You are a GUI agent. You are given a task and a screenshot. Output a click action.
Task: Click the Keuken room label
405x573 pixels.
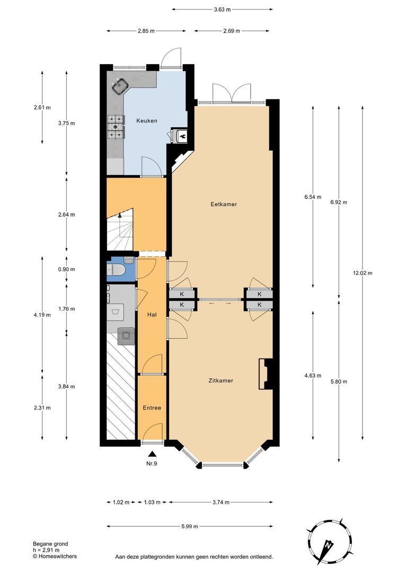pyautogui.click(x=146, y=120)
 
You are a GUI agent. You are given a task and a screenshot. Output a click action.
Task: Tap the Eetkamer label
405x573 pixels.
pyautogui.click(x=223, y=204)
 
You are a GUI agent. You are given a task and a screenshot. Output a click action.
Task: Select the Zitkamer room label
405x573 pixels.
pyautogui.click(x=221, y=380)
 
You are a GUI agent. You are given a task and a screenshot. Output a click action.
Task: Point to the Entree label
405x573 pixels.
pyautogui.click(x=152, y=407)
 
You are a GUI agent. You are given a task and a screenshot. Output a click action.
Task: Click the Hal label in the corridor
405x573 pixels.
pyautogui.click(x=152, y=315)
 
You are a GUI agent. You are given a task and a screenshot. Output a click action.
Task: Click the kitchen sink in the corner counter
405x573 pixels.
pyautogui.click(x=120, y=85)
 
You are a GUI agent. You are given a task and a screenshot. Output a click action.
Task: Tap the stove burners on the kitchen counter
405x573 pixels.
pyautogui.click(x=115, y=125)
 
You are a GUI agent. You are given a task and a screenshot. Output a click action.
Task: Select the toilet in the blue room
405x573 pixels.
pyautogui.click(x=118, y=270)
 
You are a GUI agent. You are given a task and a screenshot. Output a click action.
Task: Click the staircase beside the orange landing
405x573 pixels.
pyautogui.click(x=120, y=230)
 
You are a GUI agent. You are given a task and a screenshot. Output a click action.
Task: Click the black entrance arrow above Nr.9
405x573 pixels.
pyautogui.click(x=152, y=454)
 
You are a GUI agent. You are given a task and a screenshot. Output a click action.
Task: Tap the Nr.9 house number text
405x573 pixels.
pyautogui.click(x=152, y=464)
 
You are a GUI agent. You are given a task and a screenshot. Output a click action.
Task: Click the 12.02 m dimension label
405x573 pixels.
pyautogui.click(x=363, y=273)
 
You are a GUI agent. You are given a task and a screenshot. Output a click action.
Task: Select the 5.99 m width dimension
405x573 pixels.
pyautogui.click(x=189, y=526)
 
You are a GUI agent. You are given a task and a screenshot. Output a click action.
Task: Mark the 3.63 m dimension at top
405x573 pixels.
pyautogui.click(x=222, y=9)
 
